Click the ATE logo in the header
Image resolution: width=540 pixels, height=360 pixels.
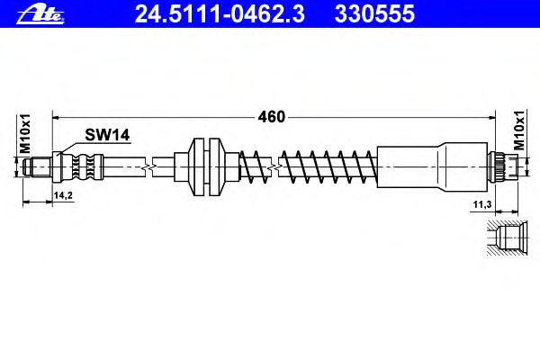[x=40, y=15]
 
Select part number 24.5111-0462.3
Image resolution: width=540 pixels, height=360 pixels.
[x=220, y=14]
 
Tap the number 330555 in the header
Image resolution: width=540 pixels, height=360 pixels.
[x=374, y=14]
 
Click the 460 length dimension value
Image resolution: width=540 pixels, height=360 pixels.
[x=272, y=117]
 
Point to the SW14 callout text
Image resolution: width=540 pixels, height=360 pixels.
[x=107, y=135]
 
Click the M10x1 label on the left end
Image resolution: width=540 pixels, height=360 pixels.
[x=25, y=134]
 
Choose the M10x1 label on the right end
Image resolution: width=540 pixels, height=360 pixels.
[x=519, y=130]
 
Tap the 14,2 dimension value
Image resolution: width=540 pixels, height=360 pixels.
[x=63, y=195]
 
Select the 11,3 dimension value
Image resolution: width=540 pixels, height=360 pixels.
[x=481, y=204]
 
